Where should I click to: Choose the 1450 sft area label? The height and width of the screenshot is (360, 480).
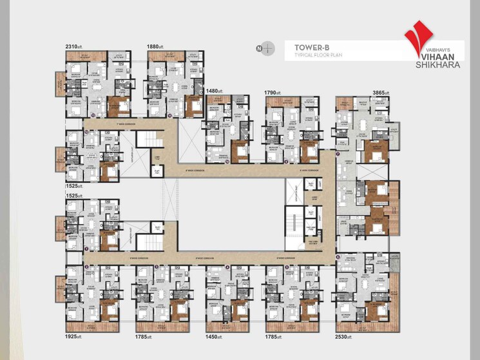point(215,337)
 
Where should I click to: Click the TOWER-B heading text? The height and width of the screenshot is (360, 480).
point(308,46)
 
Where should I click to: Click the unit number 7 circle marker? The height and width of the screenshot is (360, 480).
point(338,154)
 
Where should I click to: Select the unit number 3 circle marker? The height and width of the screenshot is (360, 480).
point(157,266)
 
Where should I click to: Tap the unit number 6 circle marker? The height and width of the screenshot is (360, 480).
point(338,256)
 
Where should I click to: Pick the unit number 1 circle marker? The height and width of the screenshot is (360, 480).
point(86,249)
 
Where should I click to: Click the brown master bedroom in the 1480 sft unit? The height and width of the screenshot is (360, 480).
point(239,151)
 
